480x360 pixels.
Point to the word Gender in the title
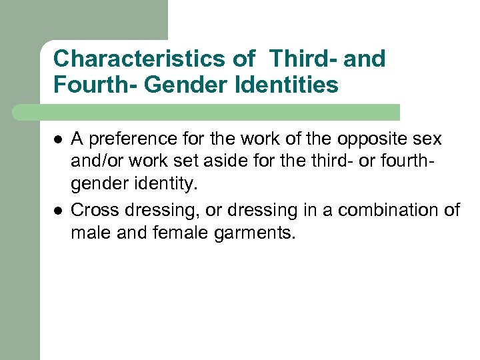pos(175,85)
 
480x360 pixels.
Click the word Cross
pos(92,211)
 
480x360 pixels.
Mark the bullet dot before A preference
pos(58,139)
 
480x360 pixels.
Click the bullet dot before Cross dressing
pos(58,211)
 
